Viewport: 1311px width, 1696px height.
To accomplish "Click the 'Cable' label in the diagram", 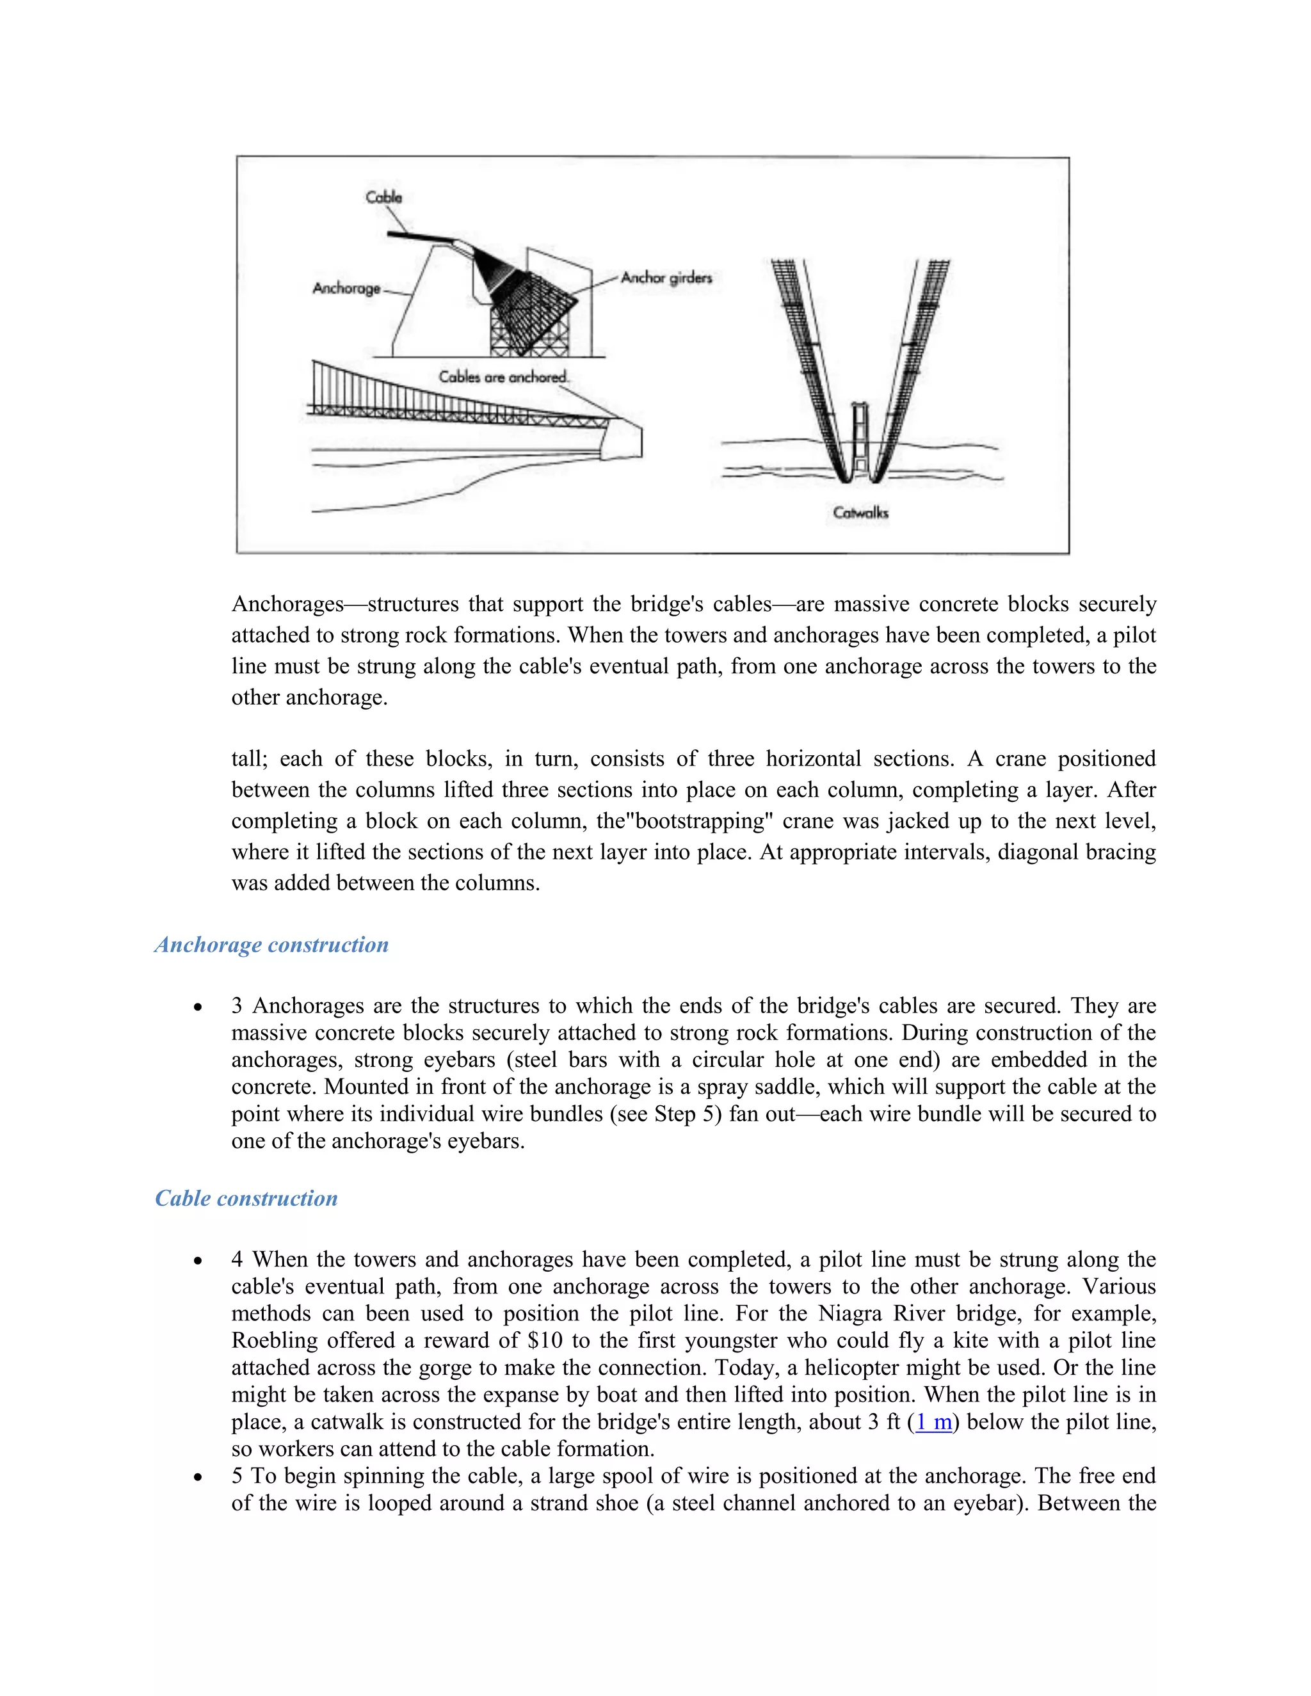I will (383, 197).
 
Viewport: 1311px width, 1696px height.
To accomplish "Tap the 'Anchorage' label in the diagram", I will (346, 288).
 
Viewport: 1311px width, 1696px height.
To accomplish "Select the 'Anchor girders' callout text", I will (666, 277).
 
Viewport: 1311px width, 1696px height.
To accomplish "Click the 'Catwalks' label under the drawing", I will (860, 513).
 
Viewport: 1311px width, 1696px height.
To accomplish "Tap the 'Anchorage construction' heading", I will (271, 945).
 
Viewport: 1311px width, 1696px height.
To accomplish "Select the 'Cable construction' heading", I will (246, 1198).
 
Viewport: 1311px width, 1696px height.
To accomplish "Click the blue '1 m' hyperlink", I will (933, 1422).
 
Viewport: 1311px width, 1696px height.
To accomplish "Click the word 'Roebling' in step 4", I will (274, 1340).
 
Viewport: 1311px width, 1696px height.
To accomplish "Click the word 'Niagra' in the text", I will (851, 1313).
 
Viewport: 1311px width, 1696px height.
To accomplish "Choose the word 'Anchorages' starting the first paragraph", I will (287, 604).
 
